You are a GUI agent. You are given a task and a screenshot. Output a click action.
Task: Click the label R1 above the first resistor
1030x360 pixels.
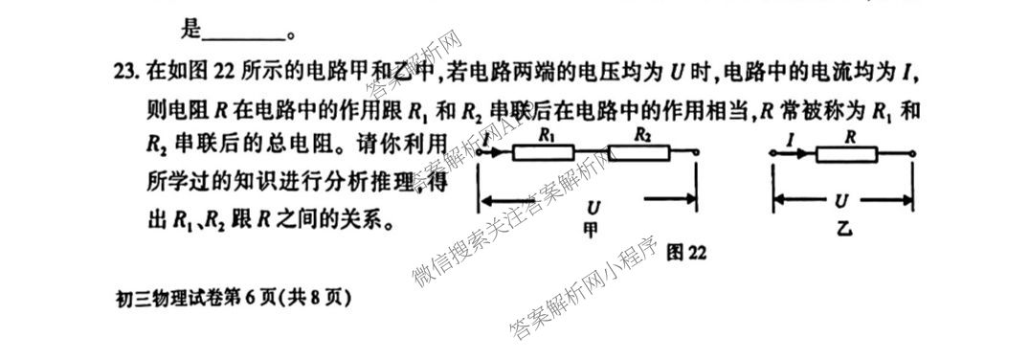tap(548, 136)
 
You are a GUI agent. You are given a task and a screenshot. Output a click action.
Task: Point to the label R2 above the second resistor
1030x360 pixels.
tap(643, 136)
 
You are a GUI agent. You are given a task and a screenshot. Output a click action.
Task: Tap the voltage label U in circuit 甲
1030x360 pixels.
tap(593, 207)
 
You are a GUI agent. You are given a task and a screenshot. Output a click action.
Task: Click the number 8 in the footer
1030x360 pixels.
tap(315, 298)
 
